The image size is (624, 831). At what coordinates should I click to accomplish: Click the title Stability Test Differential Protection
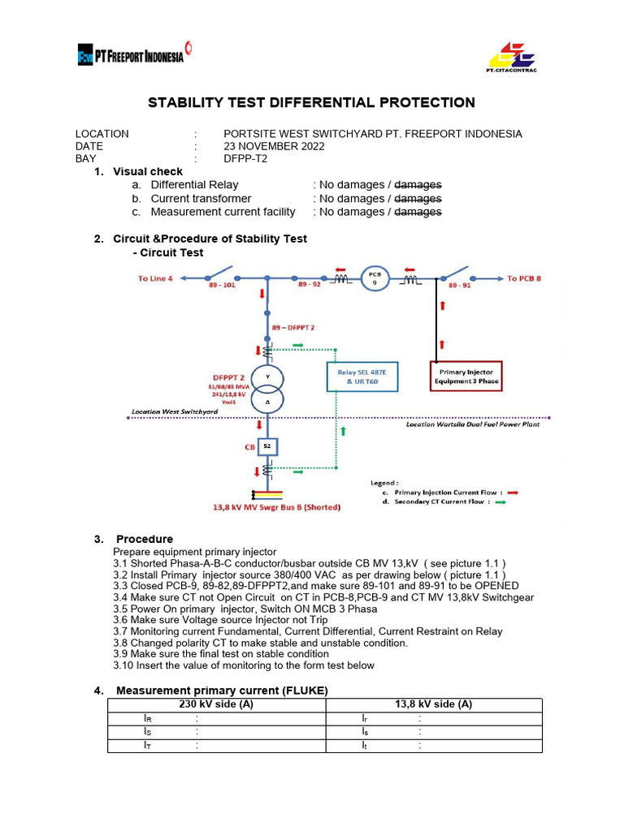310,102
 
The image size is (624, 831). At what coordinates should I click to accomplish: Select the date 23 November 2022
274,146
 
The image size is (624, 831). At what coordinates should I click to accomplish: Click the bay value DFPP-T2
245,159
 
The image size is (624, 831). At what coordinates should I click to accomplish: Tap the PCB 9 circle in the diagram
375,277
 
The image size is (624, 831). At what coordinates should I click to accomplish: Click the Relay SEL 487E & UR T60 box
363,376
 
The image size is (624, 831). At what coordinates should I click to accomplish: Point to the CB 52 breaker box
268,446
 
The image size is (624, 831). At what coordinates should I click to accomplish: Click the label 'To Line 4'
155,278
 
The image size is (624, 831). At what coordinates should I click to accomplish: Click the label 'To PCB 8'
524,278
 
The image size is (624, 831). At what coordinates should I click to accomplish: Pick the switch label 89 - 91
458,286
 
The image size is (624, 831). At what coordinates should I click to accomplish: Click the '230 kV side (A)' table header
216,704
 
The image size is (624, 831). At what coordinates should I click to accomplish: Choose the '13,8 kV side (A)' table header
433,704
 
